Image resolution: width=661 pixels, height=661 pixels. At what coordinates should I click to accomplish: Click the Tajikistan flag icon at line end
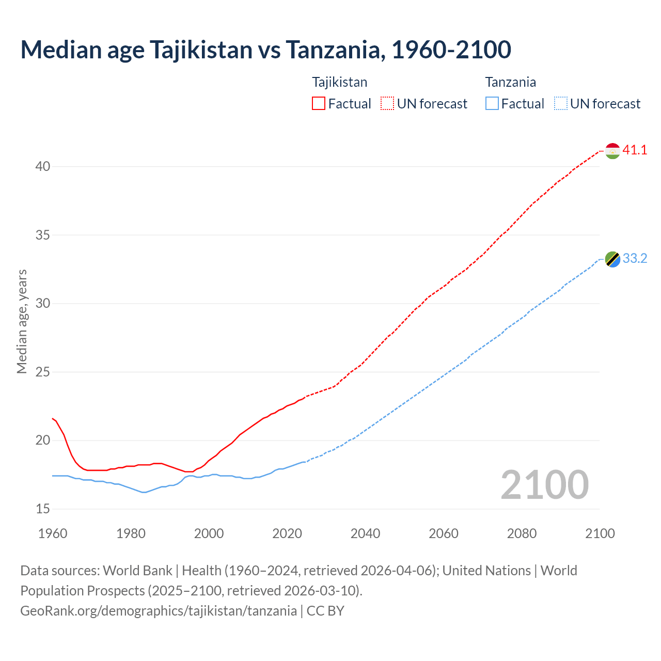pos(612,151)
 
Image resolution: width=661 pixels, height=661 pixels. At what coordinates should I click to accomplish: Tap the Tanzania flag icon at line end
pos(612,259)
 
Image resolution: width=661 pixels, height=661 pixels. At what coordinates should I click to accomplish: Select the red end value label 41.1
pos(635,150)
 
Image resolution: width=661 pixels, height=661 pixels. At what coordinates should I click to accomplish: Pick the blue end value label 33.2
pos(635,258)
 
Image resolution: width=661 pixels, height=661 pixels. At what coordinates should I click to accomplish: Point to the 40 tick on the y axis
pos(43,166)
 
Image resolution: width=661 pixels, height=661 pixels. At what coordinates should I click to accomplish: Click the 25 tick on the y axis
pos(43,372)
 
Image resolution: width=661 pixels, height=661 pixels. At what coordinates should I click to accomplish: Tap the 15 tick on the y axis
pos(43,509)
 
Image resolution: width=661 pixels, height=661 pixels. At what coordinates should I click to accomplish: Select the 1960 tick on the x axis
pos(53,533)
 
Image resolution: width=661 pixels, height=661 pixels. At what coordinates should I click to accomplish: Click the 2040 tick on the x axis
pos(365,533)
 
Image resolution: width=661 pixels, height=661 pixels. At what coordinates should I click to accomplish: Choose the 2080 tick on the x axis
pos(522,533)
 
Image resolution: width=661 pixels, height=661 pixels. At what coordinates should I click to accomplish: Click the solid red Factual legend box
pos(319,104)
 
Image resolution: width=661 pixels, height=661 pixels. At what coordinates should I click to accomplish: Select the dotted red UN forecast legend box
pos(387,104)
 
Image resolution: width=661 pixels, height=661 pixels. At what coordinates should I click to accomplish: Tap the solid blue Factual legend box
pos(492,104)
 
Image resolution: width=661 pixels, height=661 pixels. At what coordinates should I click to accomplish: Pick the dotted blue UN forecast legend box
pos(560,104)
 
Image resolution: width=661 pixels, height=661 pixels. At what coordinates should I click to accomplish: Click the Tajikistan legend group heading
pos(340,82)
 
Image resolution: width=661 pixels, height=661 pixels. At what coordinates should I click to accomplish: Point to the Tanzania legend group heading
pos(510,82)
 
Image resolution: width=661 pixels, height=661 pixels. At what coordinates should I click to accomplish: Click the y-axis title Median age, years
pos(22,321)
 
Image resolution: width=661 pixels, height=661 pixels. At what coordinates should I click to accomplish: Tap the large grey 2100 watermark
pos(544,484)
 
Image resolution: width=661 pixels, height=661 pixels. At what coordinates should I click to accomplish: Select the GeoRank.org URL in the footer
pos(159,611)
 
